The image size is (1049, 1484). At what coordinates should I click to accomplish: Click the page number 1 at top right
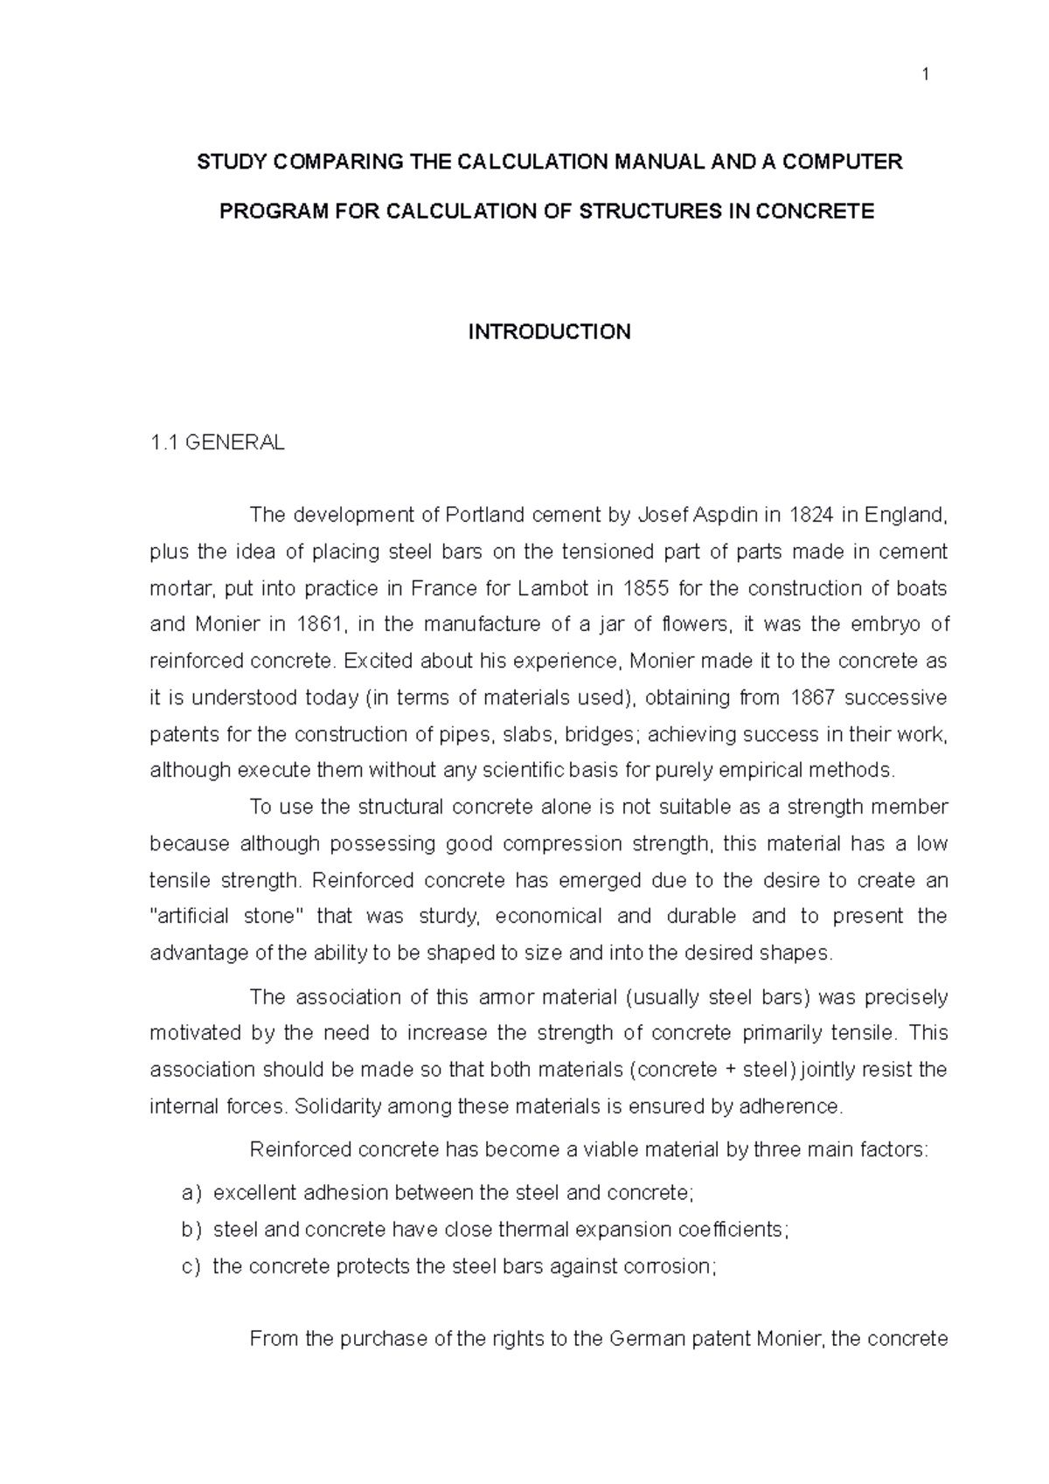[x=925, y=76]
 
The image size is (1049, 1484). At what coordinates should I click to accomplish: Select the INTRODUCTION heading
[x=549, y=332]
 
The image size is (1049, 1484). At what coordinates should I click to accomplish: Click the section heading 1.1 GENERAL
[x=217, y=443]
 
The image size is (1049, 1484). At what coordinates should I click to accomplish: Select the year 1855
[x=644, y=588]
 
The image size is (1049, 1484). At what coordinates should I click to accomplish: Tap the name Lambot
[x=553, y=588]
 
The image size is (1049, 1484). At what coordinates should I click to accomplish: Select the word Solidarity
[x=338, y=1106]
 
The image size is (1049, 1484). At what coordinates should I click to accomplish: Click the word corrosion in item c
[x=669, y=1266]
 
